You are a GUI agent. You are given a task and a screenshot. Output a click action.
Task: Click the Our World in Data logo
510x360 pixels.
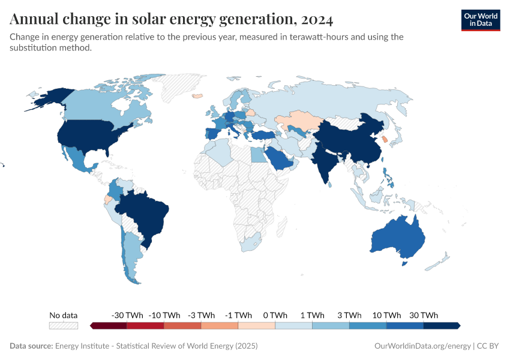click(480, 19)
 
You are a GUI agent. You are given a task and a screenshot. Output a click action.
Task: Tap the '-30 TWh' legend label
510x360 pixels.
click(127, 315)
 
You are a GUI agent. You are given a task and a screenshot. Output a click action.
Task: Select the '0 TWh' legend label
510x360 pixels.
click(275, 315)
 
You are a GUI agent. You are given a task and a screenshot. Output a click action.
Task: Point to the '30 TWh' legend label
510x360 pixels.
click(423, 315)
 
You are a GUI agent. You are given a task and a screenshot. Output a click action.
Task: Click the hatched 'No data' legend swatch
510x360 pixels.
click(64, 325)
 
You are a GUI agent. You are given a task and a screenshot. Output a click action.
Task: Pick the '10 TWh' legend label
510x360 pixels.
click(386, 315)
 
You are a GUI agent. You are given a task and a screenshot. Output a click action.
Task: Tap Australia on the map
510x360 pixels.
click(396, 237)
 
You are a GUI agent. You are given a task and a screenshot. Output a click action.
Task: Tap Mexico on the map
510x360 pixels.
click(78, 159)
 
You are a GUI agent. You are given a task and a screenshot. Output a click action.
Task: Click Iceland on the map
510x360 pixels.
click(196, 95)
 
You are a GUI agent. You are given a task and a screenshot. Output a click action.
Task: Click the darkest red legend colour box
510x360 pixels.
click(109, 325)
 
